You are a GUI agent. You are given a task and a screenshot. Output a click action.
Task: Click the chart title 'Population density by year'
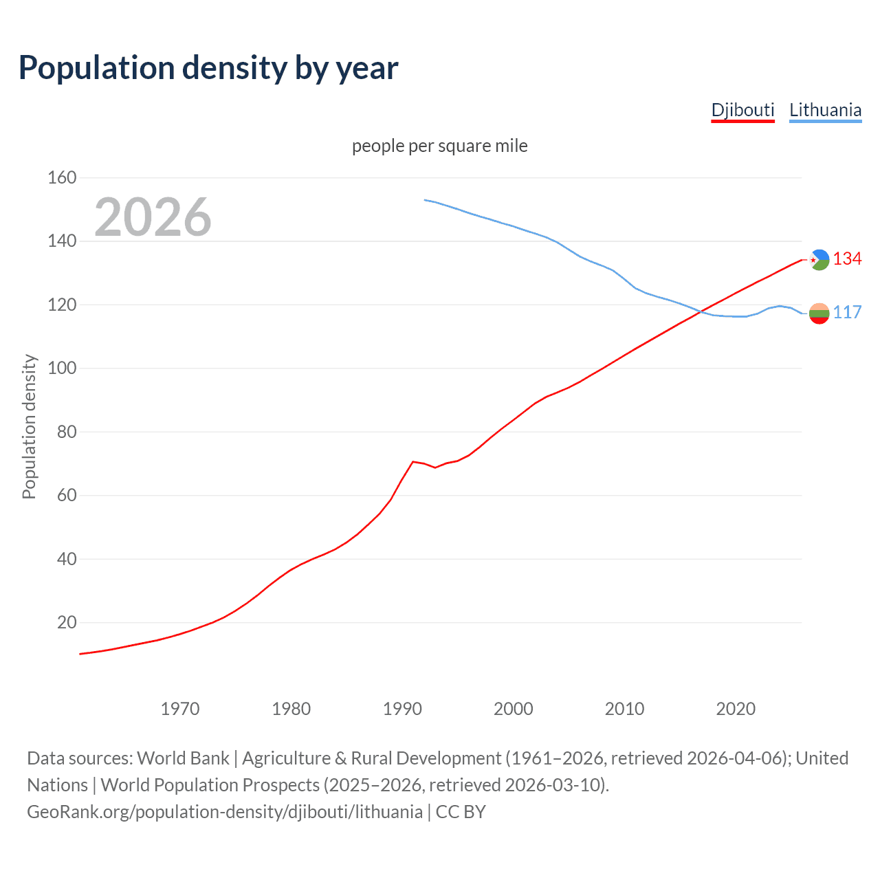208,67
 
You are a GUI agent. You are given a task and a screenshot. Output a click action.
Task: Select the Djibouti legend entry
742,110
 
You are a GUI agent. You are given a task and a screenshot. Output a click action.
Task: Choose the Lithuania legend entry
825,110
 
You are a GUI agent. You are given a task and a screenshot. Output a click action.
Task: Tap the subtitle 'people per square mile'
439,146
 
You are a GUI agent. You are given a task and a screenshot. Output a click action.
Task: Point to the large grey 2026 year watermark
153,217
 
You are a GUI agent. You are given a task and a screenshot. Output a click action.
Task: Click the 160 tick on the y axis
62,177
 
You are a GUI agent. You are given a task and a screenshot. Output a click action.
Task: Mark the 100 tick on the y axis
62,368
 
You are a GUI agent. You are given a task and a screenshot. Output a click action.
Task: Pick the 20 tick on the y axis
67,622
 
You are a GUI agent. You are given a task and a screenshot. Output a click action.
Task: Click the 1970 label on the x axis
180,709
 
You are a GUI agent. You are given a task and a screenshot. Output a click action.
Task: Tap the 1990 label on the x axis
402,709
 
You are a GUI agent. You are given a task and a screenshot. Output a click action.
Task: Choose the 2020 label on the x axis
736,709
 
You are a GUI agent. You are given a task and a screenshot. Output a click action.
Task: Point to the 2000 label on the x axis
514,709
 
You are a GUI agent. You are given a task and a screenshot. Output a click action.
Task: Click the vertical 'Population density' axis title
29,426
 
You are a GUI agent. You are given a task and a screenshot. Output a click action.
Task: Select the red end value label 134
847,258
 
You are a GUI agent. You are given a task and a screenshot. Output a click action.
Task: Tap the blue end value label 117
847,312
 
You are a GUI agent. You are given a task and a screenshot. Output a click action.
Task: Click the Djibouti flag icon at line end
819,260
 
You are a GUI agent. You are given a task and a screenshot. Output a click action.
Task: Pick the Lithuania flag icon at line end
819,313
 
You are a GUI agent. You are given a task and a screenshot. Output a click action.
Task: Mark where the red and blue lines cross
700,312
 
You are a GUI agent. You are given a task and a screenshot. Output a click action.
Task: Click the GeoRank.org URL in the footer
225,812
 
